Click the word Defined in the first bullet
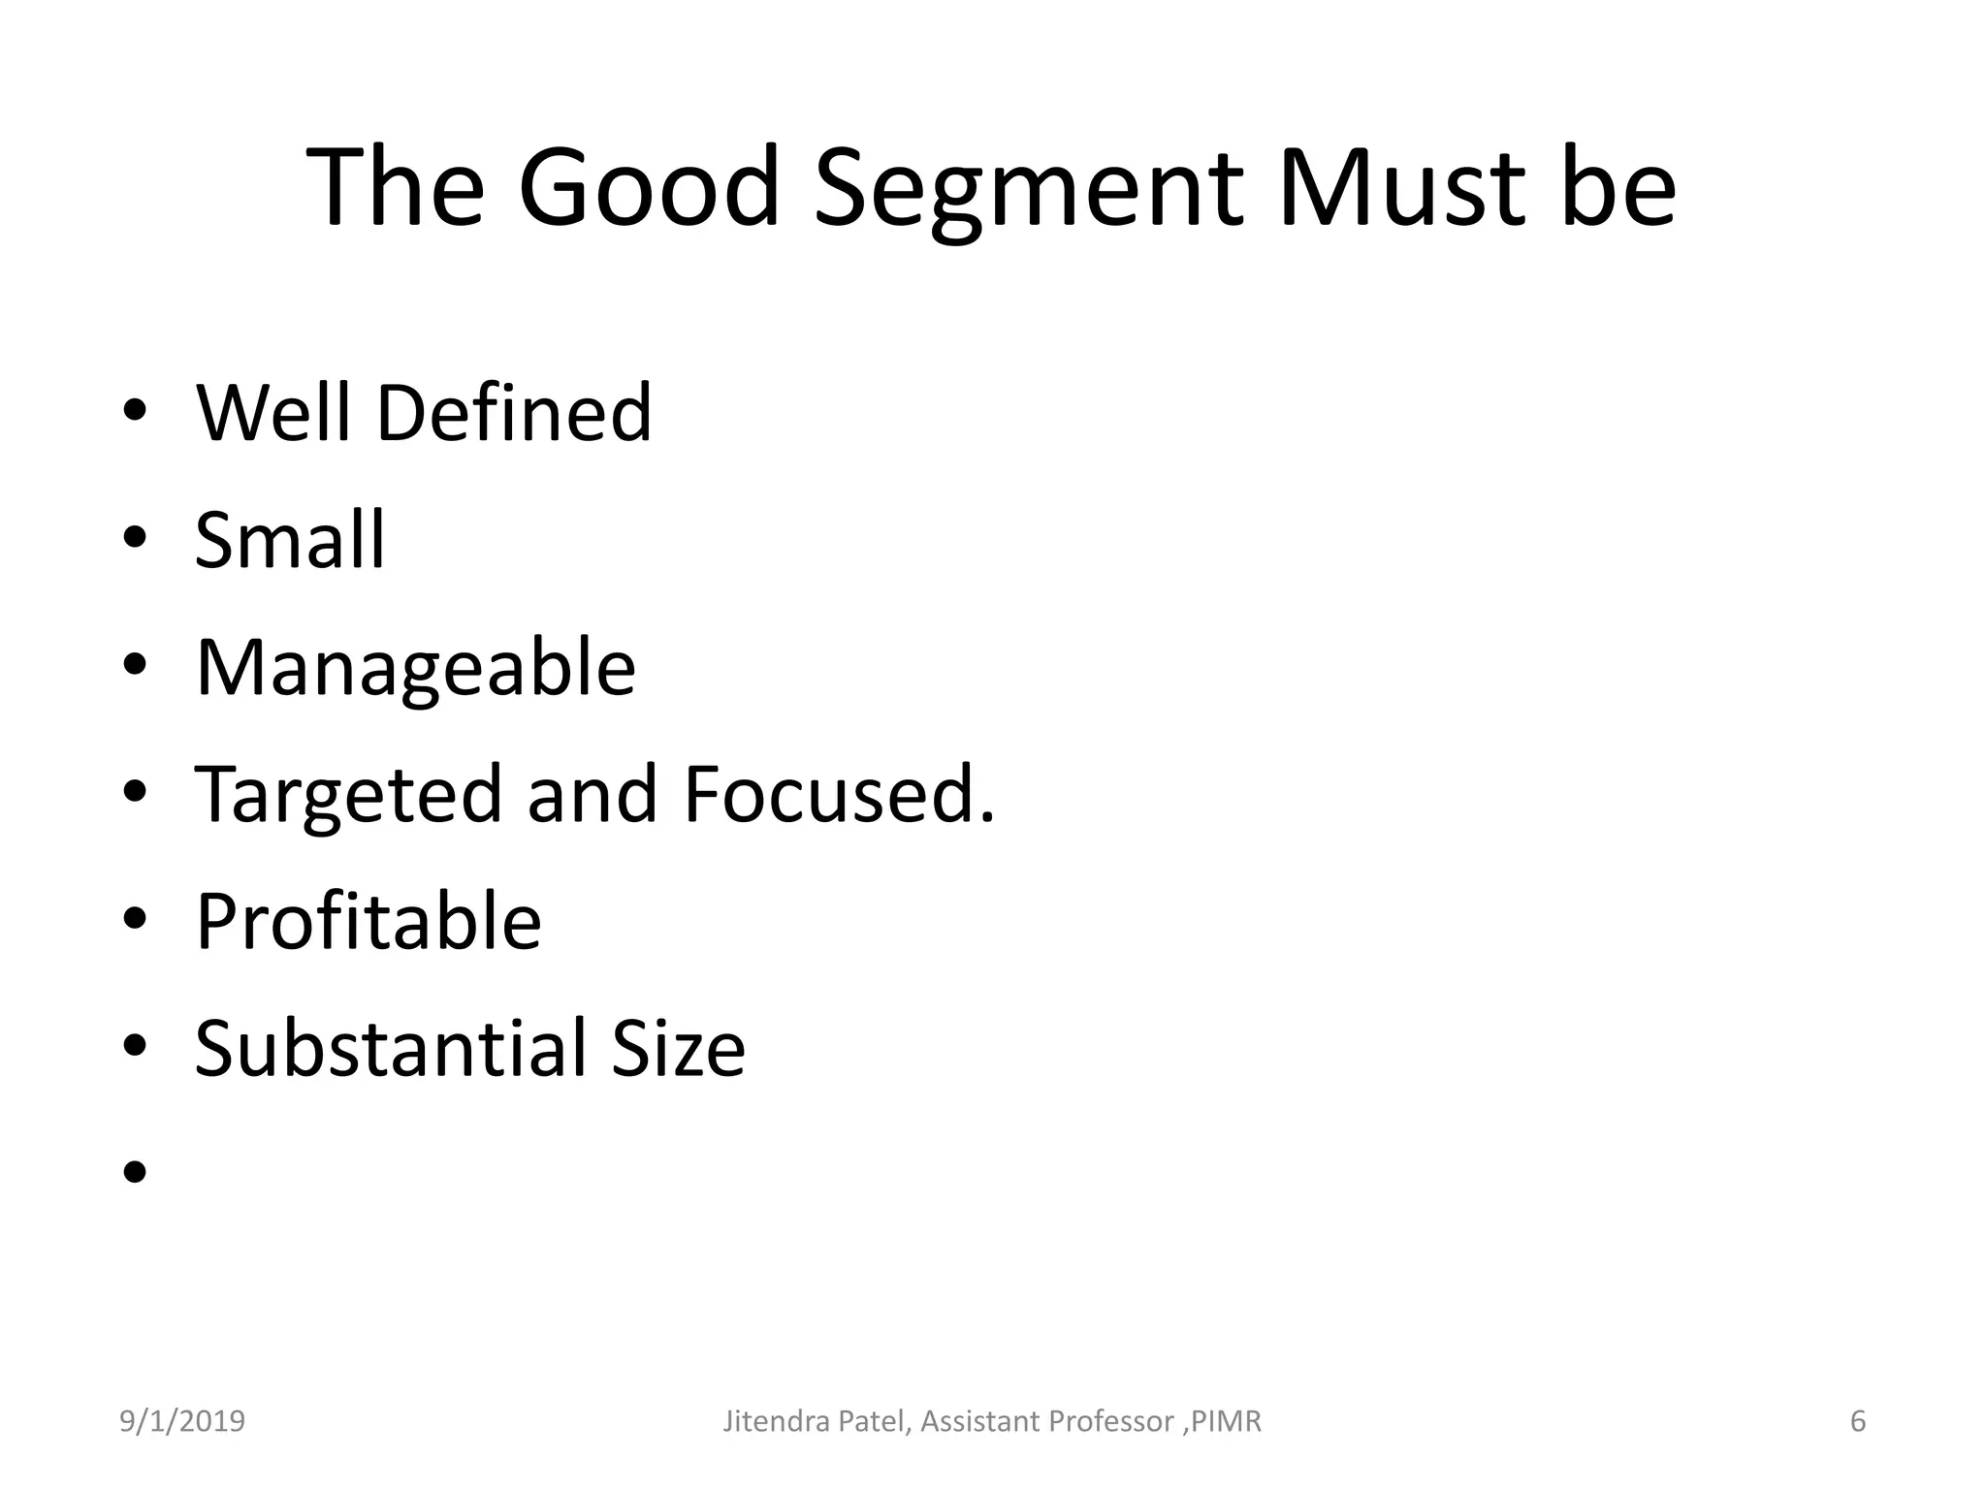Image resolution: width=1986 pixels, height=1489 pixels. pos(513,413)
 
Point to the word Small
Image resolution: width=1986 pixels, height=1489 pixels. pos(290,540)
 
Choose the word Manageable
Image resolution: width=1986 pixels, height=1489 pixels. pos(415,668)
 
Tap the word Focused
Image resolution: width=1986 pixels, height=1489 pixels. pos(838,795)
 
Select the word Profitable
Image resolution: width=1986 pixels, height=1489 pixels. pos(368,921)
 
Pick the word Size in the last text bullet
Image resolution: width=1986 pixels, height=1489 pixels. pos(678,1048)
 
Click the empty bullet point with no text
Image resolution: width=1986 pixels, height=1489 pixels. pos(135,1173)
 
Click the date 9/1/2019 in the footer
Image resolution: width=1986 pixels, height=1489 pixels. pos(182,1421)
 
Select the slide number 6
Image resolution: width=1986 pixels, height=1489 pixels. pos(1858,1421)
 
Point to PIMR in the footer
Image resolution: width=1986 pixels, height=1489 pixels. pos(1227,1421)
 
